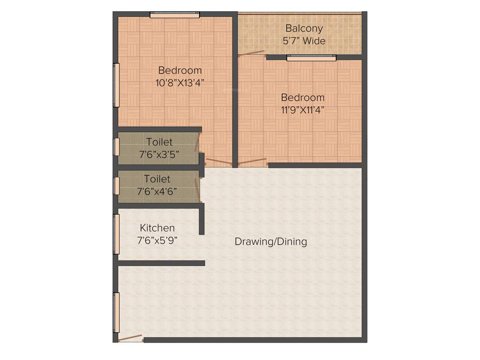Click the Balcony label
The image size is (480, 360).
click(304, 28)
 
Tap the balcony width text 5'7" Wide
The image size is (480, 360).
click(304, 41)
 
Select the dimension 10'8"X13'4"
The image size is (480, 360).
click(180, 83)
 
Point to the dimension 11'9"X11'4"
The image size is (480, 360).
click(302, 110)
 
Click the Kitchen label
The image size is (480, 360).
click(157, 228)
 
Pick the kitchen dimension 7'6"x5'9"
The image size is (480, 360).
click(157, 240)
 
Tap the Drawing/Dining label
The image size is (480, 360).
click(270, 242)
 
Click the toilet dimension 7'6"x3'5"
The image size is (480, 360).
click(159, 154)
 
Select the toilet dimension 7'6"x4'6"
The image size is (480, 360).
click(157, 191)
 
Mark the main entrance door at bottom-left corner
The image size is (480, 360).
click(130, 338)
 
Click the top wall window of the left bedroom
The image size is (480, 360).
click(174, 15)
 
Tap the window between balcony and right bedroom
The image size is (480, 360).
click(311, 58)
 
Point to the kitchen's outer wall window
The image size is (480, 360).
click(117, 234)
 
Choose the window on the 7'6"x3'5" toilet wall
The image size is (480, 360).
click(117, 146)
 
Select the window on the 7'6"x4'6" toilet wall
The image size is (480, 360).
click(117, 185)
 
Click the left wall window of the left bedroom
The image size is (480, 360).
click(117, 85)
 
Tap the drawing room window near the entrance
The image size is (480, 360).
click(117, 312)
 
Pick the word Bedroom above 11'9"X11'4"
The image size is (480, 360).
click(302, 97)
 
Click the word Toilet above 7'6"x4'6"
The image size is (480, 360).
click(157, 179)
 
